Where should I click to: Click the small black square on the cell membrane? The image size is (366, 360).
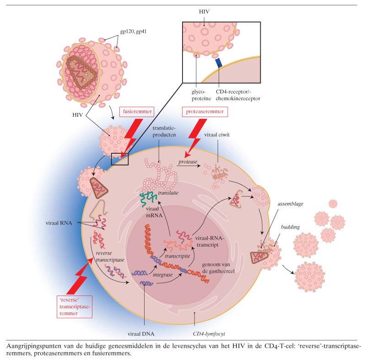[x=120, y=158]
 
